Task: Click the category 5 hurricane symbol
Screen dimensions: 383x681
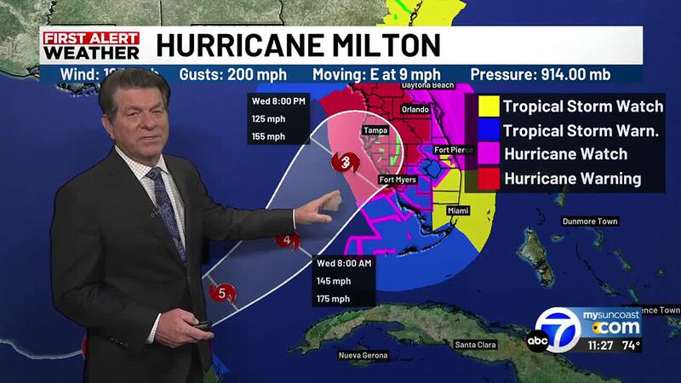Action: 222,294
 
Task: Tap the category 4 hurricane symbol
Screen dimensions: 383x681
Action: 289,241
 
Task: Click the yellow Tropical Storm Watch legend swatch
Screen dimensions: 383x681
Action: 488,106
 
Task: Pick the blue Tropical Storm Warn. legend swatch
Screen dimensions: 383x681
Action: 488,130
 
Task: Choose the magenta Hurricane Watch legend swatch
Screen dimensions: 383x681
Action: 488,154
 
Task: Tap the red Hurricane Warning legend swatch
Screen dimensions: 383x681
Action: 488,178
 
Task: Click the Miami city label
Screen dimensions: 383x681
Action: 459,209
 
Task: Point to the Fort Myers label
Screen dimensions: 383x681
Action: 398,179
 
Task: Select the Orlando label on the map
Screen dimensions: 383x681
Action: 415,109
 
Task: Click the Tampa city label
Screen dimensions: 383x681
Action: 375,130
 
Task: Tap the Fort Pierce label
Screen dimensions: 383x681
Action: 454,150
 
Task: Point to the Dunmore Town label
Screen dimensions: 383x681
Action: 590,222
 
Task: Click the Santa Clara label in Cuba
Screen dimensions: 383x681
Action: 475,345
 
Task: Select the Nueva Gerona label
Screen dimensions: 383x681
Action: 363,354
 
